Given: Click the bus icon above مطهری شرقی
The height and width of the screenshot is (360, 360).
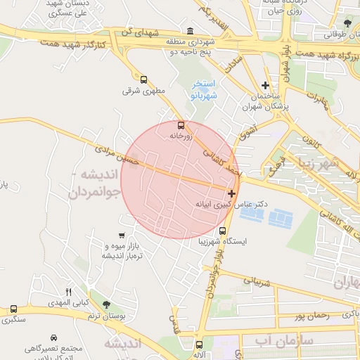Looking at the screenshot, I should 144,79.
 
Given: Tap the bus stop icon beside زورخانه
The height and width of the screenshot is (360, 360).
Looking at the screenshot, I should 181,125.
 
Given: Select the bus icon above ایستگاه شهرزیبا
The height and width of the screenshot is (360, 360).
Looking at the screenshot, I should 223,231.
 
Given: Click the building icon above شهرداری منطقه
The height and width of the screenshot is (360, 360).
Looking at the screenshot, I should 191,31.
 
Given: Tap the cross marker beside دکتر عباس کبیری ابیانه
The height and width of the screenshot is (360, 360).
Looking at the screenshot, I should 231,193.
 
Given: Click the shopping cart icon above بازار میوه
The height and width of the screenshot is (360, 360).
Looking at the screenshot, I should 122,236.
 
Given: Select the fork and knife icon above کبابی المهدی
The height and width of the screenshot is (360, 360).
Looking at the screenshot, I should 68,292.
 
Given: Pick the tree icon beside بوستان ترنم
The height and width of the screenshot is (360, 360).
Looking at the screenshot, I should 106,304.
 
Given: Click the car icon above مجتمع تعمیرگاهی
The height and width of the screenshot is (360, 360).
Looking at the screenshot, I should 54,337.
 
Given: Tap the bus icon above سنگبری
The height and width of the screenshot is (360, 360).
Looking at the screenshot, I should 13,309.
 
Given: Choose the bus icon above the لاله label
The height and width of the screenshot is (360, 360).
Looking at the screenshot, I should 199,345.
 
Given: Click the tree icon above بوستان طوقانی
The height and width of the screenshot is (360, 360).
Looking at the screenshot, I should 345,23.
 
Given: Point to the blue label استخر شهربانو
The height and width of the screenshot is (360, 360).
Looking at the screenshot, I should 206,89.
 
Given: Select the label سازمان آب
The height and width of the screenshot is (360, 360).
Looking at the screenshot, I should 271,342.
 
